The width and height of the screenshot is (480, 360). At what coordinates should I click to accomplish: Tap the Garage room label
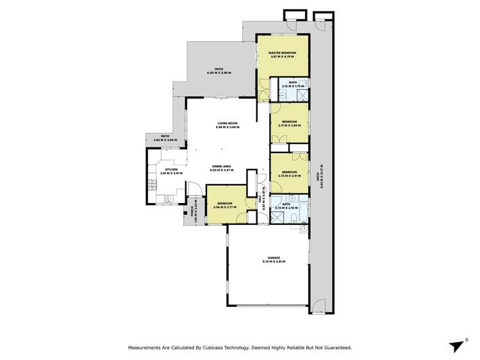(x=274, y=258)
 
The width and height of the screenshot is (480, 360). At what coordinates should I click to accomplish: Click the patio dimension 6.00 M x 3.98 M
(x=219, y=74)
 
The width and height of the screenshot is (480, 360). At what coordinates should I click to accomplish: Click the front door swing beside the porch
(x=193, y=190)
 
